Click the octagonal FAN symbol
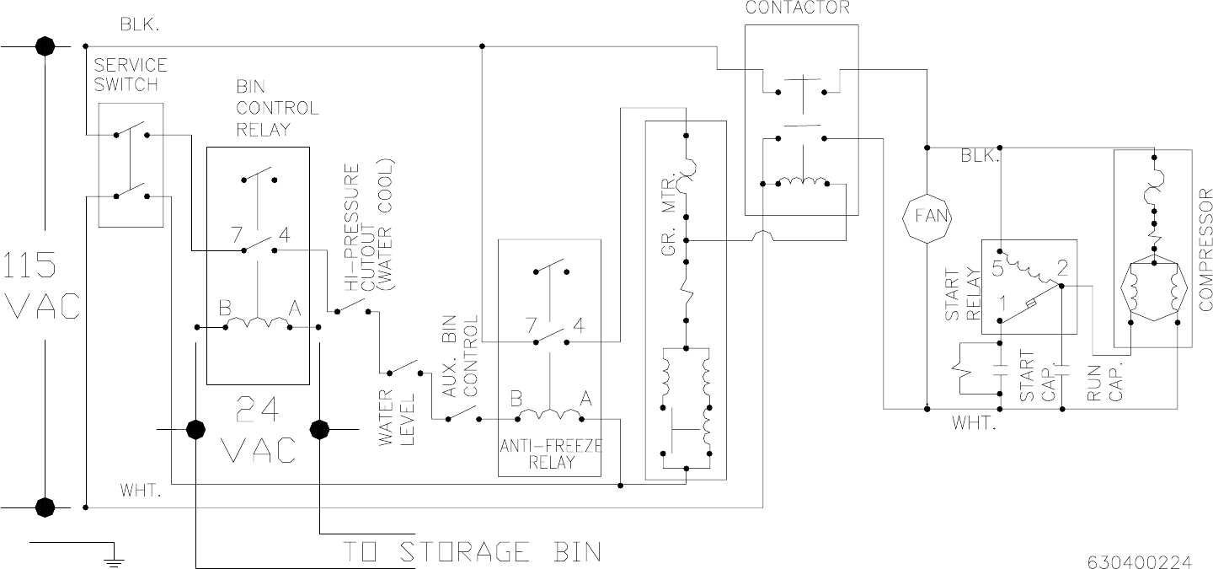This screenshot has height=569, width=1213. (926, 215)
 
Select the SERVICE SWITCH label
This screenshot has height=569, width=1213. (131, 74)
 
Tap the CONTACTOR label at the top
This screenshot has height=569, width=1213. (797, 8)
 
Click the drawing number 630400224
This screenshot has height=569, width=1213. (1151, 560)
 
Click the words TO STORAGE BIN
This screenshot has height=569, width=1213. (473, 552)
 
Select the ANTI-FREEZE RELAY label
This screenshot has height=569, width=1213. (551, 454)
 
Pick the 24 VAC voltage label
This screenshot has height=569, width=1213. (258, 430)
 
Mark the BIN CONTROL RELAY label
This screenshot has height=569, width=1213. (265, 108)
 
